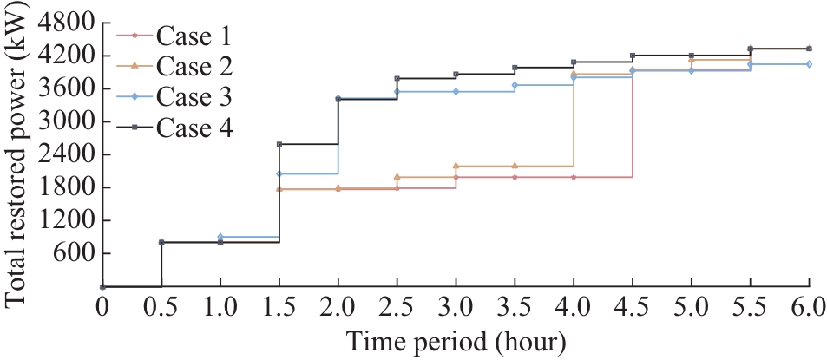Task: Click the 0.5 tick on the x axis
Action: pyautogui.click(x=161, y=310)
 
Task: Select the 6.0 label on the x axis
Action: pyautogui.click(x=809, y=310)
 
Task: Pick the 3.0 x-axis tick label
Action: pyautogui.click(x=456, y=310)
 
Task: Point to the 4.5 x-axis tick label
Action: pyautogui.click(x=633, y=310)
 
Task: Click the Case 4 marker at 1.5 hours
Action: pyautogui.click(x=279, y=144)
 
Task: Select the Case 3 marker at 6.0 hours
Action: pyautogui.click(x=810, y=64)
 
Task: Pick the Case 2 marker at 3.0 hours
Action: pyautogui.click(x=456, y=166)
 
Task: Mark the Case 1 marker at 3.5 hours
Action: pyautogui.click(x=515, y=177)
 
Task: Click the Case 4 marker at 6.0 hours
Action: pyautogui.click(x=810, y=49)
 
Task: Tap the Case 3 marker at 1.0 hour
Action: pyautogui.click(x=220, y=237)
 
